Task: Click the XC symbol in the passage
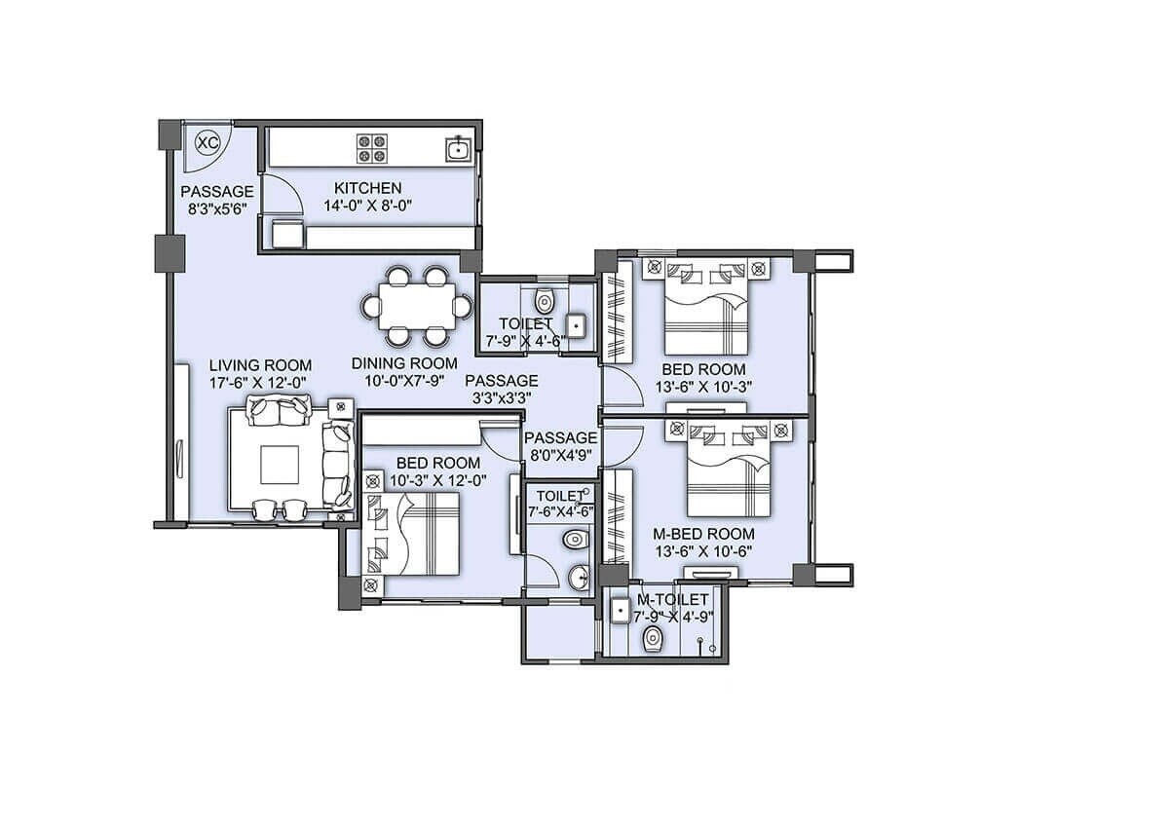pos(207,143)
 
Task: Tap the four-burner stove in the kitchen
pos(371,147)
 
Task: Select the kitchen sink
pos(458,148)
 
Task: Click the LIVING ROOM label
pos(260,365)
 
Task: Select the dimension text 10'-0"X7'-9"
pos(403,382)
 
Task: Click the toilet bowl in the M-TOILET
pos(653,638)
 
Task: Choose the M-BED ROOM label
pos(703,534)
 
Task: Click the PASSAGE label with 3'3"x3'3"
pos(501,380)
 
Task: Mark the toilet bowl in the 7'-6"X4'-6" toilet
pos(574,539)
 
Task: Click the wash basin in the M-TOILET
pos(619,611)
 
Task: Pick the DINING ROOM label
pos(403,364)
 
